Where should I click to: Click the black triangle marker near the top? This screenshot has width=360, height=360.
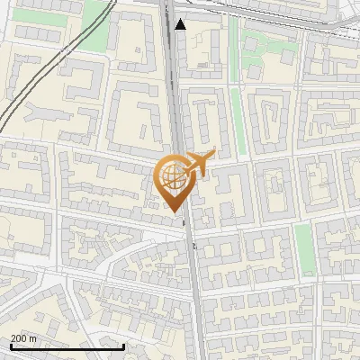click(181, 24)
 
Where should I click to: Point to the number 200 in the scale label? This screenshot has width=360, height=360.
click(20, 338)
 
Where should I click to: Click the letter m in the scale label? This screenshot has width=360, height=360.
click(33, 338)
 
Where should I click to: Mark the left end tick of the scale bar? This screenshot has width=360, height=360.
click(10, 345)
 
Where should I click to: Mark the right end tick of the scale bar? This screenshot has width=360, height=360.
click(123, 345)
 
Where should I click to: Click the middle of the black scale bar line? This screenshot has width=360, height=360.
click(67, 346)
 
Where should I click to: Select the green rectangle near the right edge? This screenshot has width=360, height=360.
click(305, 249)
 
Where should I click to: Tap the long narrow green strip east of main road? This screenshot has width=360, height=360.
click(238, 112)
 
